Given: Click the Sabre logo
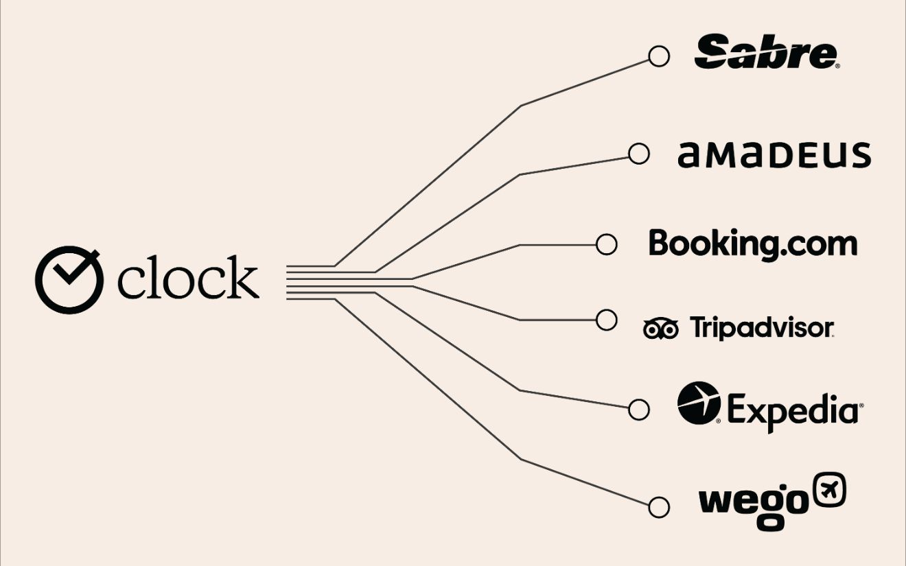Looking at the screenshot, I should tap(766, 53).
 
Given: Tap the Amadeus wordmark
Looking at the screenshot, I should tap(774, 155).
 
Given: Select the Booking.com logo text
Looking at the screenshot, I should tap(753, 244).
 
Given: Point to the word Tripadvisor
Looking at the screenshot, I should tap(761, 328).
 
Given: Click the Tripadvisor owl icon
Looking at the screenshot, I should tap(660, 329).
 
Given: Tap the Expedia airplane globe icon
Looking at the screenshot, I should tap(699, 403).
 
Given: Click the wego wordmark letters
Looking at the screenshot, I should tap(753, 503).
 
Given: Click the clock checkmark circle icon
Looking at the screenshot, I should tap(69, 281).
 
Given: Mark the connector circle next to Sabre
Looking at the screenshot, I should tap(659, 57).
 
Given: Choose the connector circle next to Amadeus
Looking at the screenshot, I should tap(639, 154).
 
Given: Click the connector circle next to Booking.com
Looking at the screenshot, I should tap(606, 244).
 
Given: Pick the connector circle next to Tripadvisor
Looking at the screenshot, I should tap(607, 320).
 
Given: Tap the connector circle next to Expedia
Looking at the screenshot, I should tap(639, 410).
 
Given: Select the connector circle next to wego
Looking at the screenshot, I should tap(659, 508).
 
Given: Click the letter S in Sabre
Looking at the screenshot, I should tap(714, 53).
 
